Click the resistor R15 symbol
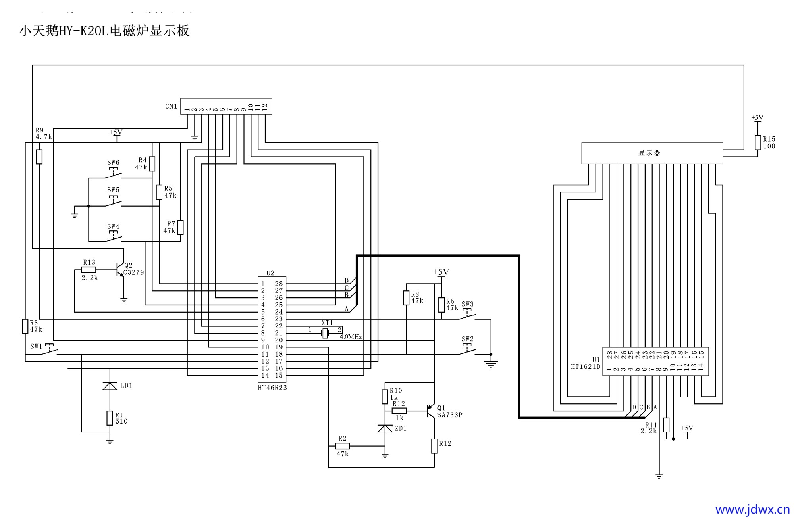click(x=757, y=142)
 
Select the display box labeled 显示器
click(x=651, y=153)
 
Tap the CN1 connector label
click(x=171, y=106)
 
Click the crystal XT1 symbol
click(x=325, y=333)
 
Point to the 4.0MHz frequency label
click(x=351, y=337)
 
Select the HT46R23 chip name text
click(x=272, y=388)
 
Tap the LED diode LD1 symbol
click(x=110, y=386)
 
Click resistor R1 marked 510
click(x=110, y=418)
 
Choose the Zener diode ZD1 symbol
click(x=385, y=428)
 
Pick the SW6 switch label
click(x=113, y=163)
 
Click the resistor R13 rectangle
click(x=89, y=270)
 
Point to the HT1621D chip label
click(x=585, y=367)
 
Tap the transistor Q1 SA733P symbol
click(x=431, y=411)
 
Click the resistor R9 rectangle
click(x=39, y=157)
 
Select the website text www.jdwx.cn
click(x=752, y=509)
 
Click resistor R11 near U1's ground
click(x=666, y=425)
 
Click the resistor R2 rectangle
click(x=342, y=446)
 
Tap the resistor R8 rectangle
click(x=406, y=298)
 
